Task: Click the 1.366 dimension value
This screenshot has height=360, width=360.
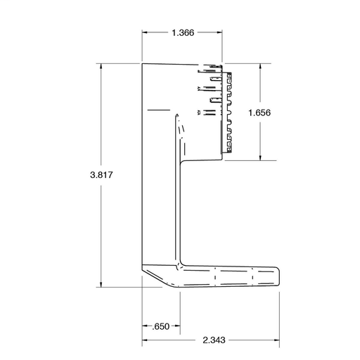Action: click(x=183, y=33)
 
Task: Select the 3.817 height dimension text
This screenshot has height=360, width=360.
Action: click(x=101, y=175)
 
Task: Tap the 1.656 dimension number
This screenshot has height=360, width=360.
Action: click(x=259, y=112)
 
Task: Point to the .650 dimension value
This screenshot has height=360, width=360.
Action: click(x=160, y=326)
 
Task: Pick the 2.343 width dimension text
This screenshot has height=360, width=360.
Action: click(x=214, y=340)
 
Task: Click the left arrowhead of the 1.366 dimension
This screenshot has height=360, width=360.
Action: click(x=145, y=32)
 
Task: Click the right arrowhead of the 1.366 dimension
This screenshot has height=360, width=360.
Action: click(x=219, y=32)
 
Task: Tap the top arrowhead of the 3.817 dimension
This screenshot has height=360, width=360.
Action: click(x=101, y=66)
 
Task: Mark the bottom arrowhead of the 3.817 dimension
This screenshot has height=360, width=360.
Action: click(x=101, y=284)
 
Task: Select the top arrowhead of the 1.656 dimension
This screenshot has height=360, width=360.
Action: click(x=260, y=66)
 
